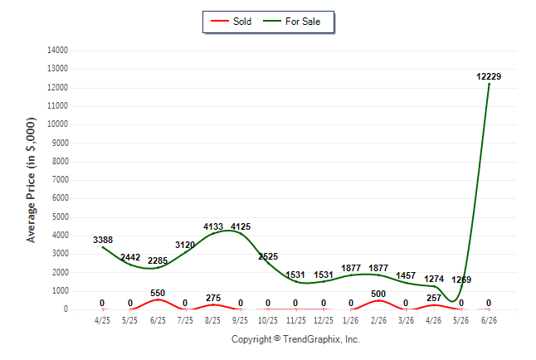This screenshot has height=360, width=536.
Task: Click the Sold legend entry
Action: (231, 22)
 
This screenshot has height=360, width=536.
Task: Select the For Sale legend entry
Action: (291, 22)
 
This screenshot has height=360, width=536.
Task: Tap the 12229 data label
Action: (489, 76)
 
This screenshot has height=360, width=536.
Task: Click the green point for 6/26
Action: (489, 84)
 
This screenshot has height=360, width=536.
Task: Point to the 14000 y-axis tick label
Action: (57, 51)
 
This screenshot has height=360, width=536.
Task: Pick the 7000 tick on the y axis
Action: (61, 180)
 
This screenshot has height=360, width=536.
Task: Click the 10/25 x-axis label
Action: (268, 320)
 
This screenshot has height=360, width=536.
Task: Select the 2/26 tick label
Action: (378, 320)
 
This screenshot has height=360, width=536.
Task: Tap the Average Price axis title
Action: (31, 180)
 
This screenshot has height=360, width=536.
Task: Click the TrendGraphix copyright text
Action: (295, 339)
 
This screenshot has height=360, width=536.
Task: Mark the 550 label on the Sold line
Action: (158, 293)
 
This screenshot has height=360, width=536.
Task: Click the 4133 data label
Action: (213, 226)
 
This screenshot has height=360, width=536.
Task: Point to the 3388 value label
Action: (103, 240)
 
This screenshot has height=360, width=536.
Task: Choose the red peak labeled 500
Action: (378, 300)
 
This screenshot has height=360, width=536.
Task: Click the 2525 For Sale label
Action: (268, 256)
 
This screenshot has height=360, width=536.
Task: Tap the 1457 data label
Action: (406, 275)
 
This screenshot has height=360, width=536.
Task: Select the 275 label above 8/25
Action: (213, 298)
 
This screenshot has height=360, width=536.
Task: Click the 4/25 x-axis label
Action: (102, 320)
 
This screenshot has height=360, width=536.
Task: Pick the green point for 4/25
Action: (103, 247)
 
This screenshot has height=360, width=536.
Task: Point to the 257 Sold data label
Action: (434, 298)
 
